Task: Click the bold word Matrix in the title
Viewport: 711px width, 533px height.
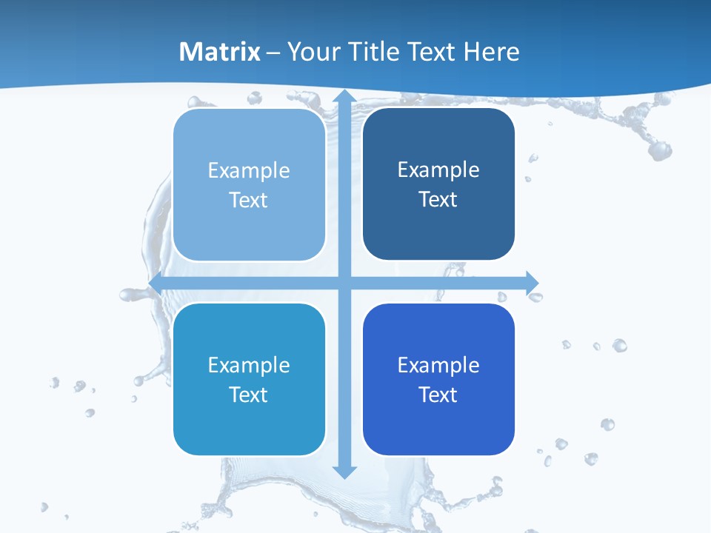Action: click(220, 52)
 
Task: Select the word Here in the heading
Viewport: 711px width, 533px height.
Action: click(492, 52)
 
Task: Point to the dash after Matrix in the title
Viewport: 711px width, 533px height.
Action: click(273, 53)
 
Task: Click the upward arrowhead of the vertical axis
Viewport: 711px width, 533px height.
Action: click(344, 97)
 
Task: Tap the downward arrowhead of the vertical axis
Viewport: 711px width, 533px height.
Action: click(344, 471)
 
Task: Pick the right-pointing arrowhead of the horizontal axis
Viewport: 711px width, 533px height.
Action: click(532, 283)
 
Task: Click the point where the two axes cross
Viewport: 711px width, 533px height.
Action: click(344, 283)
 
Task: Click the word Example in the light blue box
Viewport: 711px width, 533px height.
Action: click(249, 171)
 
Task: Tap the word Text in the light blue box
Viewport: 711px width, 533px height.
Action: click(249, 200)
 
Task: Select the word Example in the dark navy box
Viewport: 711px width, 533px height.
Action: click(438, 170)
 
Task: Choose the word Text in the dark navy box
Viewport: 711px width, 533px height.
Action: click(438, 199)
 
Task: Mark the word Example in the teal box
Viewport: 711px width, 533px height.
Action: click(249, 365)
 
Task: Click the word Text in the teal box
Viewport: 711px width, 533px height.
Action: click(249, 395)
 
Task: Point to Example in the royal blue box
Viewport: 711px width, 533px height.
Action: click(438, 365)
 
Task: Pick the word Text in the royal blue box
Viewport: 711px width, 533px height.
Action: click(438, 395)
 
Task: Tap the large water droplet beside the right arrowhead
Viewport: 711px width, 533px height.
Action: click(535, 296)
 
